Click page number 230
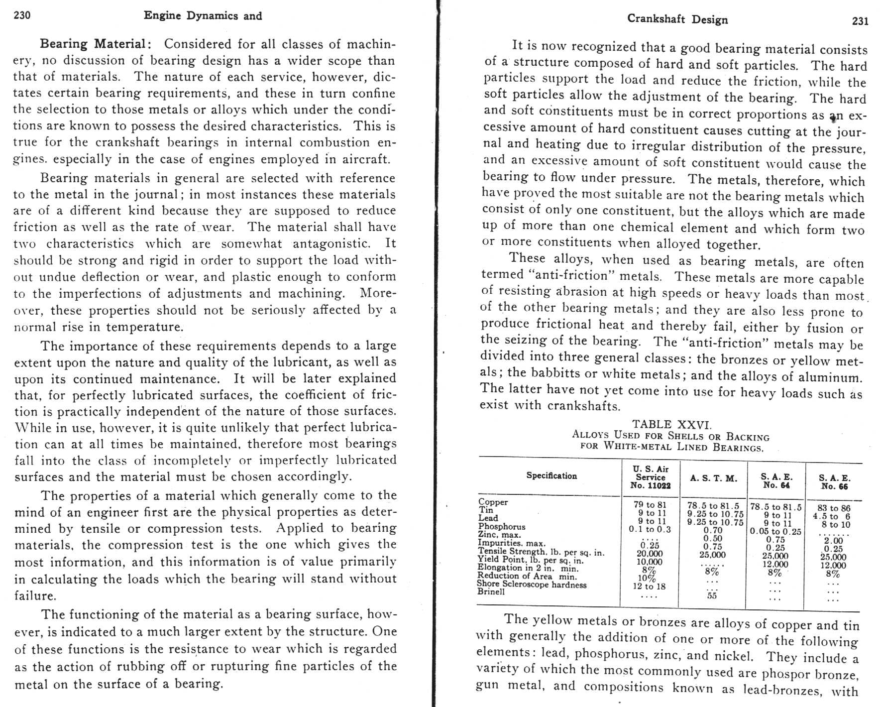tap(22, 15)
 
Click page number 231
tap(860, 20)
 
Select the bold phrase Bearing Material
tap(93, 44)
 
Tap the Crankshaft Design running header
tap(677, 19)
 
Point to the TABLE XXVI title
tap(672, 424)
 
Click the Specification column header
tap(551, 475)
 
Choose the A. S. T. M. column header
tap(713, 478)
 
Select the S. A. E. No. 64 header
tap(776, 480)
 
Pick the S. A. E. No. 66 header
tap(834, 482)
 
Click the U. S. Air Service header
tap(651, 477)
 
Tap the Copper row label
tap(493, 502)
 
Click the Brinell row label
tap(491, 591)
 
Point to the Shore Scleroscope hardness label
tap(532, 584)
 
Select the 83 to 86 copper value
tap(834, 508)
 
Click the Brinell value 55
tap(712, 595)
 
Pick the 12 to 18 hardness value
tap(649, 587)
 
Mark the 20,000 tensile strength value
tap(650, 554)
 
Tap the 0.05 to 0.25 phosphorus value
tap(775, 531)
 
